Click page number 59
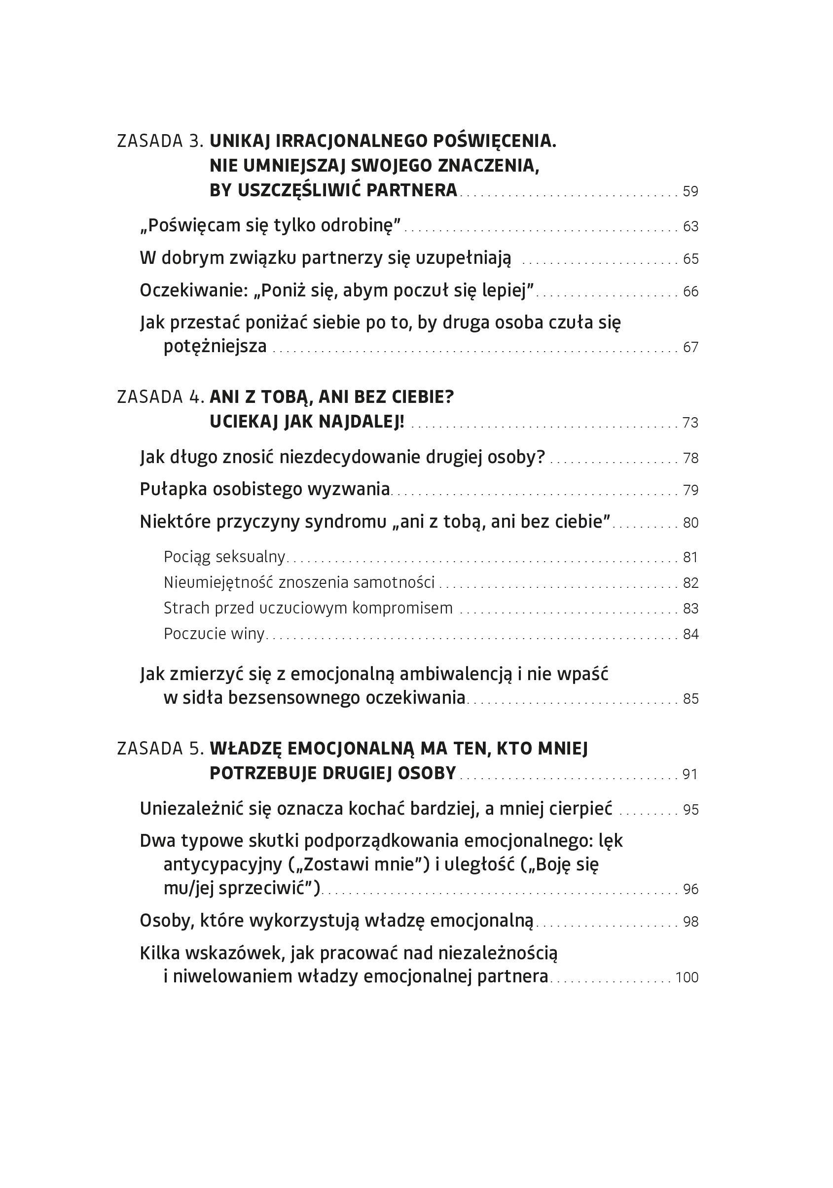[x=690, y=191]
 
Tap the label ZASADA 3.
[x=160, y=141]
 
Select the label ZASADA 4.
[x=160, y=397]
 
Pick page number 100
[x=687, y=977]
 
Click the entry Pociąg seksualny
[x=224, y=557]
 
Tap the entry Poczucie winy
[x=214, y=634]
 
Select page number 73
[x=690, y=423]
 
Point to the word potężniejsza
[x=215, y=346]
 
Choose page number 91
[x=690, y=774]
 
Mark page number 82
[x=690, y=582]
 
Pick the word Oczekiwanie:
[x=194, y=291]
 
